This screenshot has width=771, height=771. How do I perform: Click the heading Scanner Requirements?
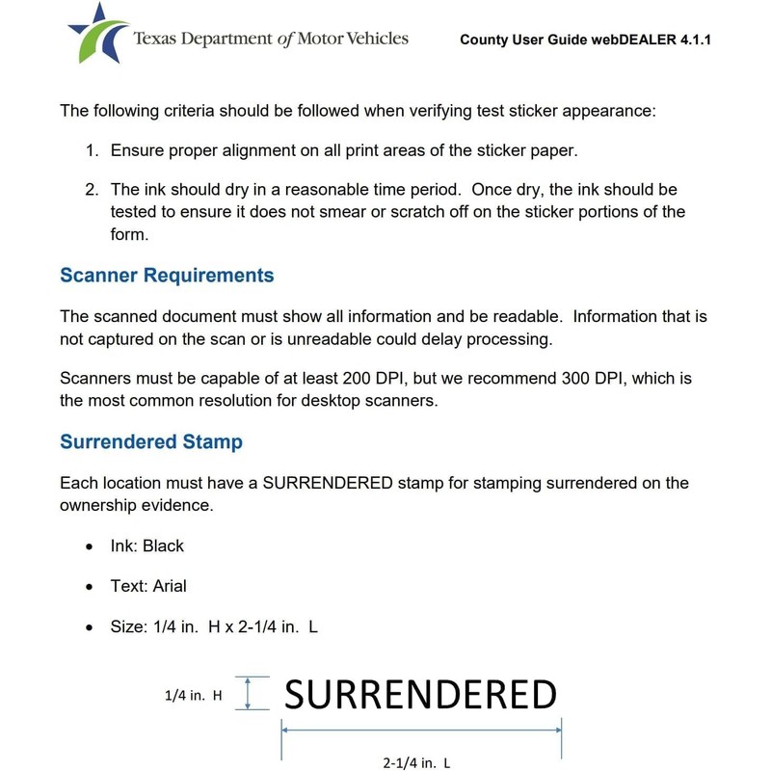(167, 276)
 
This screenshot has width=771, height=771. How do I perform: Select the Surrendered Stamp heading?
(151, 442)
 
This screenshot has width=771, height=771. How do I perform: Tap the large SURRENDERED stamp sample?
(421, 695)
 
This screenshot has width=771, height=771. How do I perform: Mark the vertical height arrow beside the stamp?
(250, 694)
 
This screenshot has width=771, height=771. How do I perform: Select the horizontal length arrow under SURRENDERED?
(421, 731)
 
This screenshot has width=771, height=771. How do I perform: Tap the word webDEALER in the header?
(627, 41)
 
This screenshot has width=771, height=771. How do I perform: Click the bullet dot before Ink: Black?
(90, 546)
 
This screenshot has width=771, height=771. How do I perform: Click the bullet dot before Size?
(90, 627)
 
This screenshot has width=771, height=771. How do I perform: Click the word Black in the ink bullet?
(163, 545)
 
